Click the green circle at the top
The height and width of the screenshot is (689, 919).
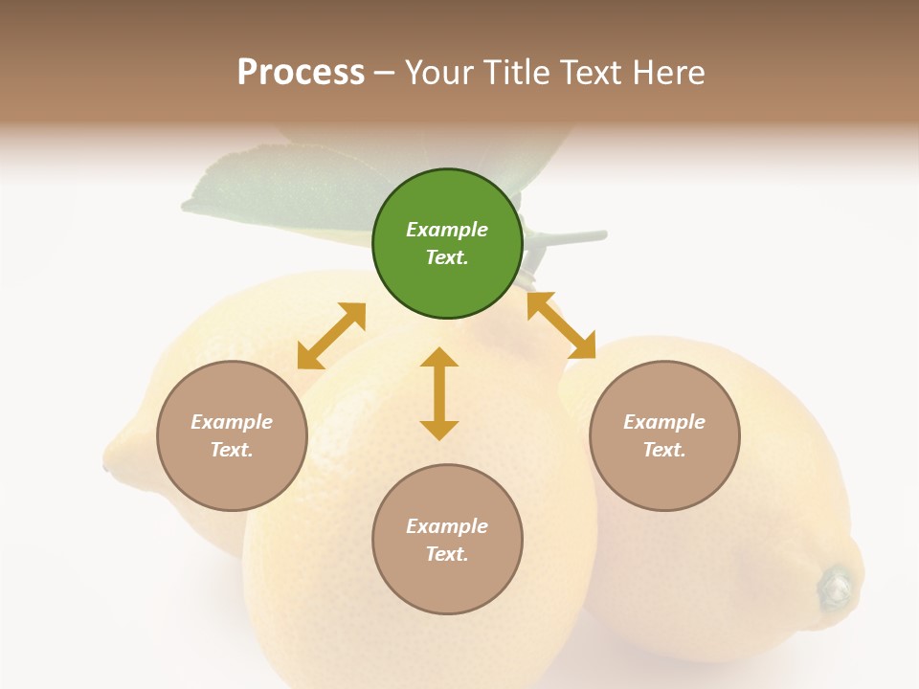tap(447, 244)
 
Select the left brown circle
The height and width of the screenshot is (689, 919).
tap(232, 435)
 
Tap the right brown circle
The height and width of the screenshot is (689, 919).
tap(664, 435)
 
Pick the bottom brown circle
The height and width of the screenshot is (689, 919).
tap(447, 540)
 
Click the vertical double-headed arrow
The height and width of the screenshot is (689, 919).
tap(439, 393)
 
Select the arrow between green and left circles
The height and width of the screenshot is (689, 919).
tap(331, 336)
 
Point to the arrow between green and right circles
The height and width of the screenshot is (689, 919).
tap(561, 325)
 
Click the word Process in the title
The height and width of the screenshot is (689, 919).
tap(301, 72)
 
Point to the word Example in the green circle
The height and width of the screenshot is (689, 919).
tap(447, 230)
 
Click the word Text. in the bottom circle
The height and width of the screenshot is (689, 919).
tap(447, 554)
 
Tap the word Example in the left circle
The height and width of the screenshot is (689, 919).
tap(232, 422)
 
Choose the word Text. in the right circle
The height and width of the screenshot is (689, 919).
tap(664, 450)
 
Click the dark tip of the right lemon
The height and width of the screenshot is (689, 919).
tap(836, 585)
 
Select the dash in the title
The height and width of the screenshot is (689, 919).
tap(385, 73)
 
